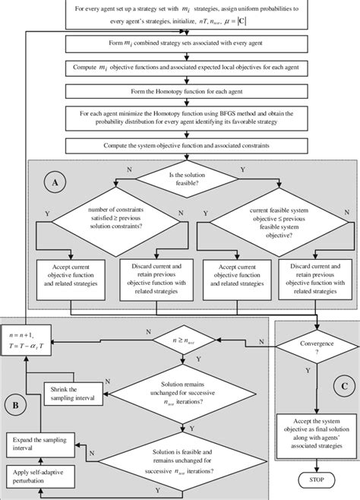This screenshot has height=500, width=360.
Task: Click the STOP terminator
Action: pyautogui.click(x=312, y=480)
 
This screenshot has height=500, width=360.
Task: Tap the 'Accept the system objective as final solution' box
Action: pyautogui.click(x=312, y=427)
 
